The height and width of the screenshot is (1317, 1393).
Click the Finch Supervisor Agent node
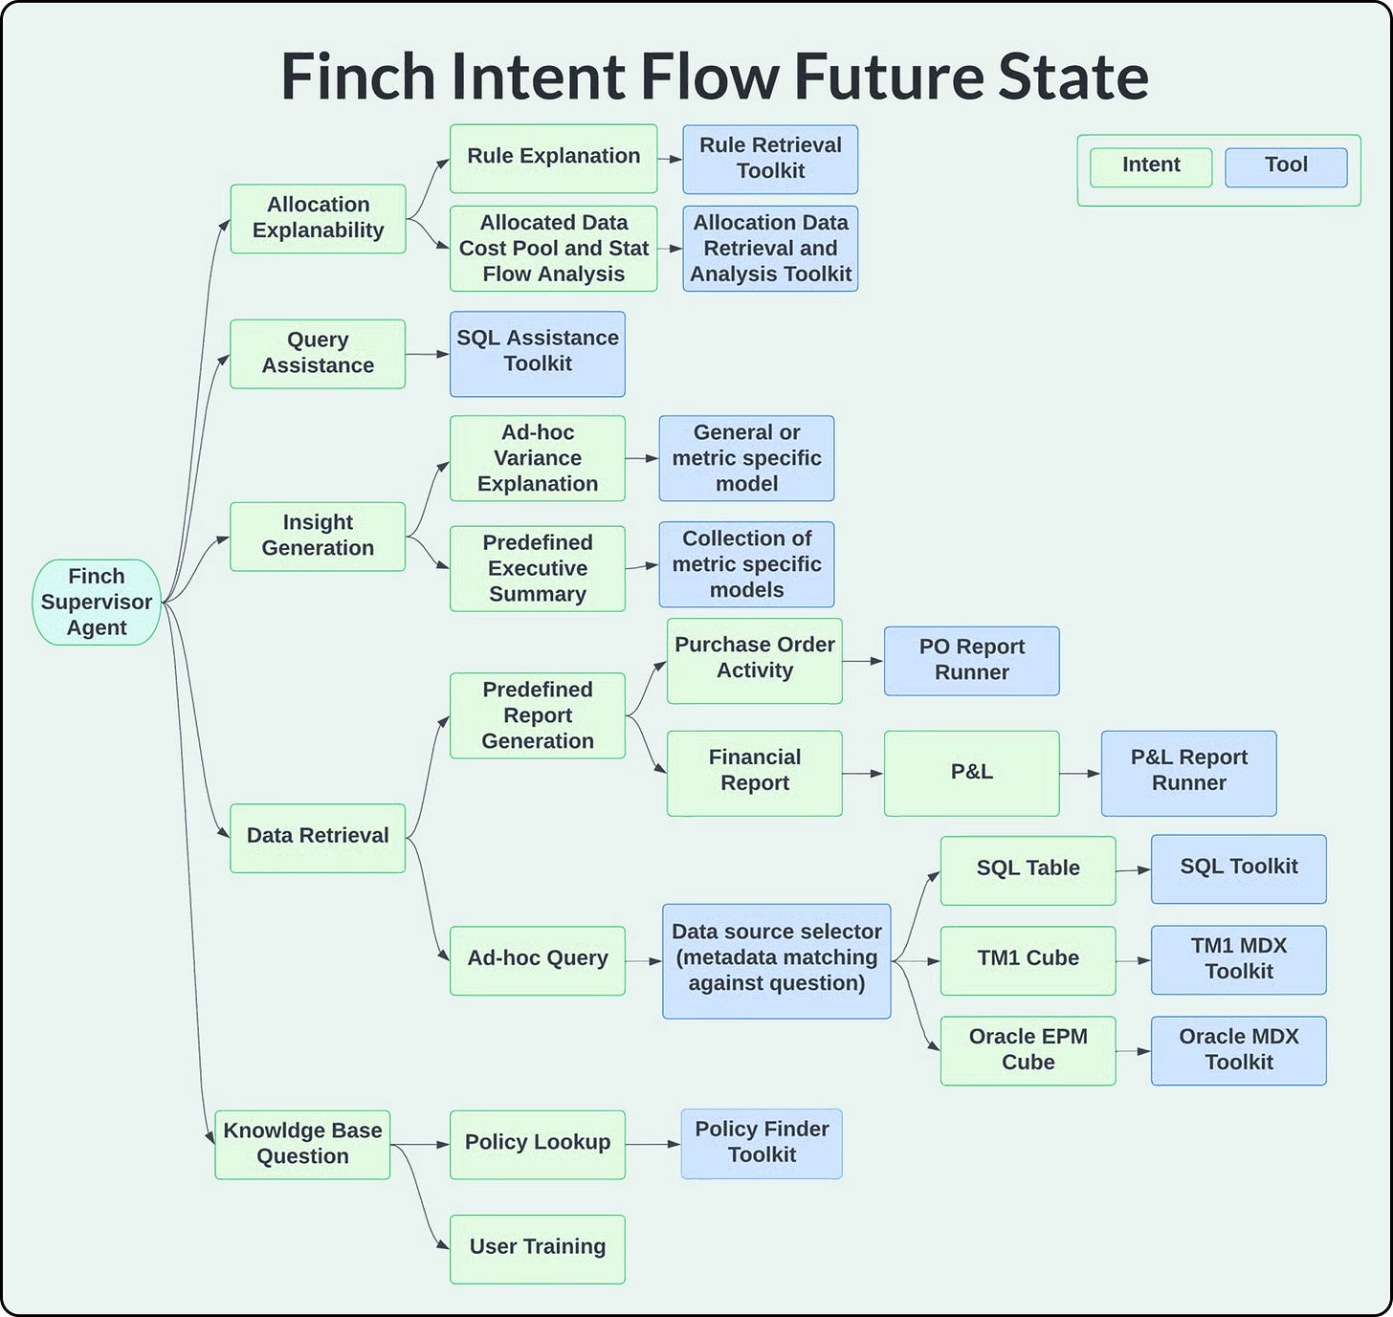click(x=97, y=602)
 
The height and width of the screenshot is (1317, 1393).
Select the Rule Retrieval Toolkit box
click(x=770, y=159)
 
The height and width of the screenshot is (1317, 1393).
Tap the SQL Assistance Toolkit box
click(x=538, y=353)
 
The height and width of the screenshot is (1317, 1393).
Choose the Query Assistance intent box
click(x=318, y=353)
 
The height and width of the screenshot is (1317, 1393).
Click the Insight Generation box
click(x=318, y=536)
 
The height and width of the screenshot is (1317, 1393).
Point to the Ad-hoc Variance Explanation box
click(x=538, y=458)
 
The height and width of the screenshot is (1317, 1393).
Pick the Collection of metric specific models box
click(x=746, y=564)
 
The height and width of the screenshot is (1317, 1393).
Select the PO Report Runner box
click(x=971, y=660)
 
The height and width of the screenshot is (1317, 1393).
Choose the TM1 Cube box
click(x=1028, y=959)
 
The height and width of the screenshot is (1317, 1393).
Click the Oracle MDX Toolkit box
click(x=1238, y=1050)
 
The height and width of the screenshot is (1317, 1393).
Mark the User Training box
click(x=538, y=1248)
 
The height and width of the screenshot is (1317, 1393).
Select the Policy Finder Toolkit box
click(x=762, y=1143)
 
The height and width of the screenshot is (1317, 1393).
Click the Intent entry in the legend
click(x=1151, y=166)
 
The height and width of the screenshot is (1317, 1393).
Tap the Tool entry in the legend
click(x=1286, y=166)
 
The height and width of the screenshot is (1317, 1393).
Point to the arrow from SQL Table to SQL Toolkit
click(x=1133, y=870)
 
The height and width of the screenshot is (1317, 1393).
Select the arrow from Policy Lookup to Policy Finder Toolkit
click(x=652, y=1144)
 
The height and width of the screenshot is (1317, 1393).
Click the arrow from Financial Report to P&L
click(x=863, y=773)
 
